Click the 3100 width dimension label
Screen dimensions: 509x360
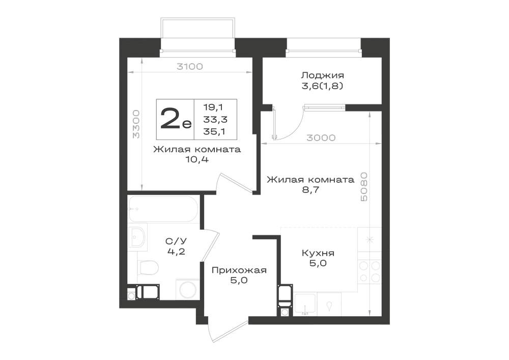[x=189, y=67]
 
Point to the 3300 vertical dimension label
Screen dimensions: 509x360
[x=136, y=124]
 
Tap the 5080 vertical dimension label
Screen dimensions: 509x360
[x=364, y=187]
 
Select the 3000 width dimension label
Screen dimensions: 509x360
[x=321, y=138]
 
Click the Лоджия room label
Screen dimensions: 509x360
[x=322, y=76]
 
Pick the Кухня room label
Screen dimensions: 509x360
[x=318, y=253]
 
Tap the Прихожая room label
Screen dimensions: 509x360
[x=239, y=270]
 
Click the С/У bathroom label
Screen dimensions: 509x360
[x=176, y=241]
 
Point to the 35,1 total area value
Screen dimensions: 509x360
[x=215, y=131]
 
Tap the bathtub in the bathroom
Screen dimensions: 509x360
[x=163, y=209]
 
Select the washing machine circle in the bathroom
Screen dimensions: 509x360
[x=188, y=290]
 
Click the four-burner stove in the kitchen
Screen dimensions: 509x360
[x=370, y=272]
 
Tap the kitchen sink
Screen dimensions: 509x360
[x=305, y=304]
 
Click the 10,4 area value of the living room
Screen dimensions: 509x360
[x=197, y=160]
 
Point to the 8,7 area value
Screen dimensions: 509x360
[x=310, y=190]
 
